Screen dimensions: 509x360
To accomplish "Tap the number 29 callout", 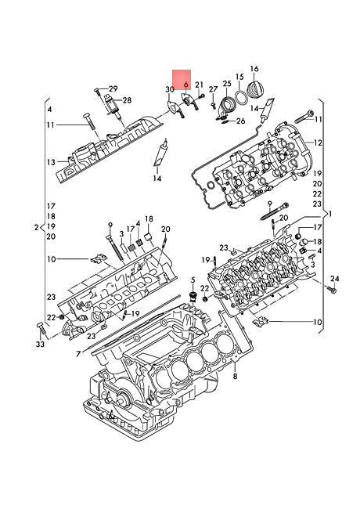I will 113,88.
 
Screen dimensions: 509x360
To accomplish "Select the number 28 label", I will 127,100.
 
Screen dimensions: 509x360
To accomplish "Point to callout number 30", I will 170,90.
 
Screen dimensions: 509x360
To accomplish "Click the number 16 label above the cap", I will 254,69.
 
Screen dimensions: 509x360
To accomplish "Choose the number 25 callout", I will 226,84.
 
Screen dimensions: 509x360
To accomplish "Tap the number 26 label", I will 240,121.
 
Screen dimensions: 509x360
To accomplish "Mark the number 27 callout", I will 212,90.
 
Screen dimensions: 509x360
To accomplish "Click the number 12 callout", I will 319,143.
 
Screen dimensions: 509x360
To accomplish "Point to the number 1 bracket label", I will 329,213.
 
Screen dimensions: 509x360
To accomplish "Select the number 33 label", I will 41,344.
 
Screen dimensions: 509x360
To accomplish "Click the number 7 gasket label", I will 77,353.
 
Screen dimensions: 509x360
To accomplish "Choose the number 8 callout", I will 235,377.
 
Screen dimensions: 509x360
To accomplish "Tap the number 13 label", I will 50,162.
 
